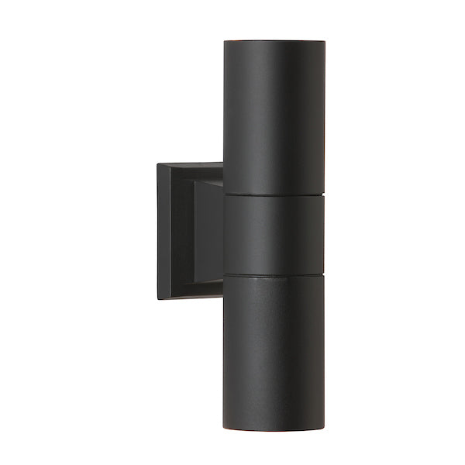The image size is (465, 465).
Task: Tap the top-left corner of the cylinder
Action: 225,39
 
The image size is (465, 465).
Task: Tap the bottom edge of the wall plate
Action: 190,302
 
